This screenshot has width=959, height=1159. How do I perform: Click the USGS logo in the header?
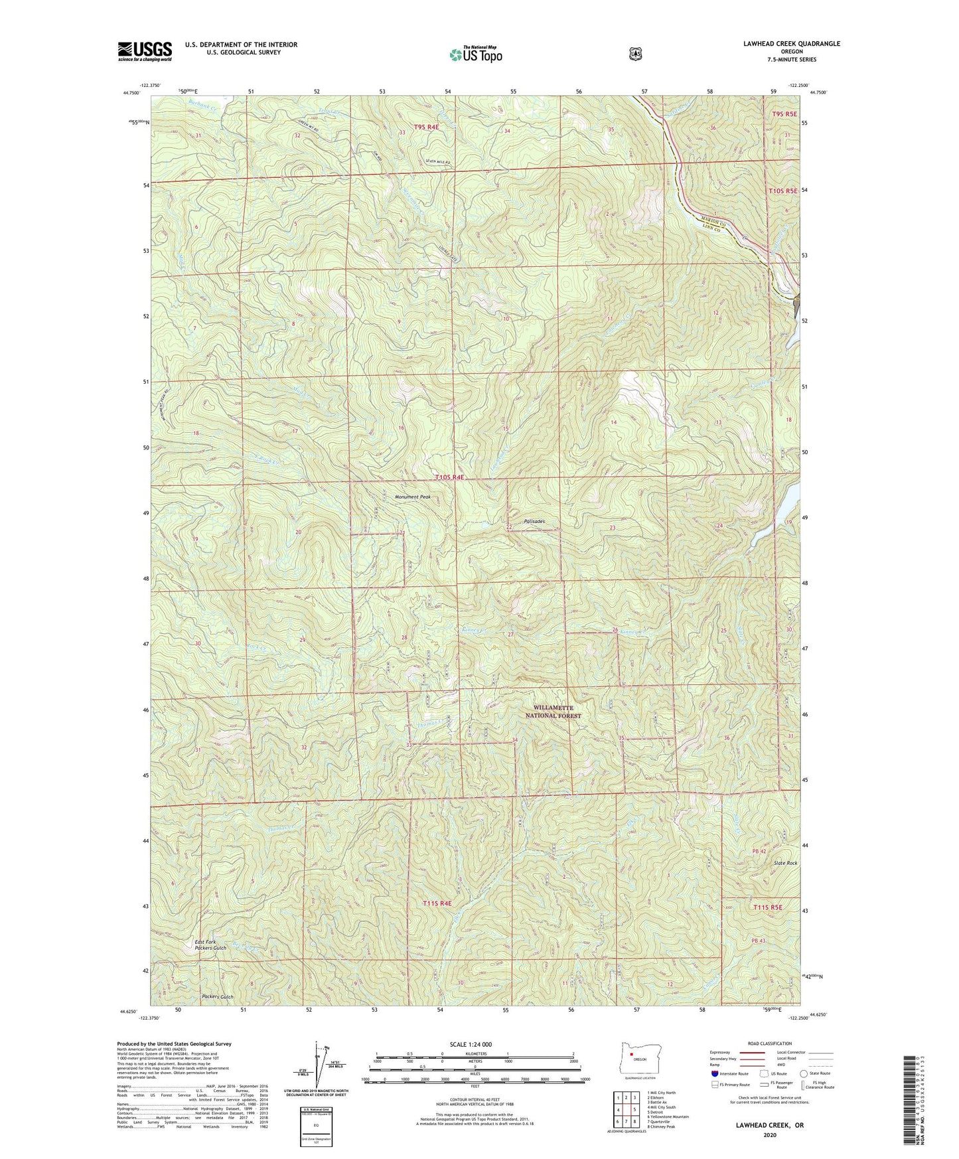point(145,51)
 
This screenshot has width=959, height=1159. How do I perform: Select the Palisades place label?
point(534,522)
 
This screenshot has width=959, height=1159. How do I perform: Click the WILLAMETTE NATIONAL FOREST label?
point(553,712)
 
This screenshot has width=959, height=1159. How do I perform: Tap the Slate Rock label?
point(785,863)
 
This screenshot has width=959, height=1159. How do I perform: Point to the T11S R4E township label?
point(437,903)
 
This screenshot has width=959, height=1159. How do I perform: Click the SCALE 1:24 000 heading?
point(471,1044)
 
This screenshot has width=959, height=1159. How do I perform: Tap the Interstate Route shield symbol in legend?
point(714,1073)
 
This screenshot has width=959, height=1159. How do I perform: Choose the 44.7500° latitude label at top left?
point(131,93)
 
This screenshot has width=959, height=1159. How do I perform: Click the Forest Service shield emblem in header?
point(635,53)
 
